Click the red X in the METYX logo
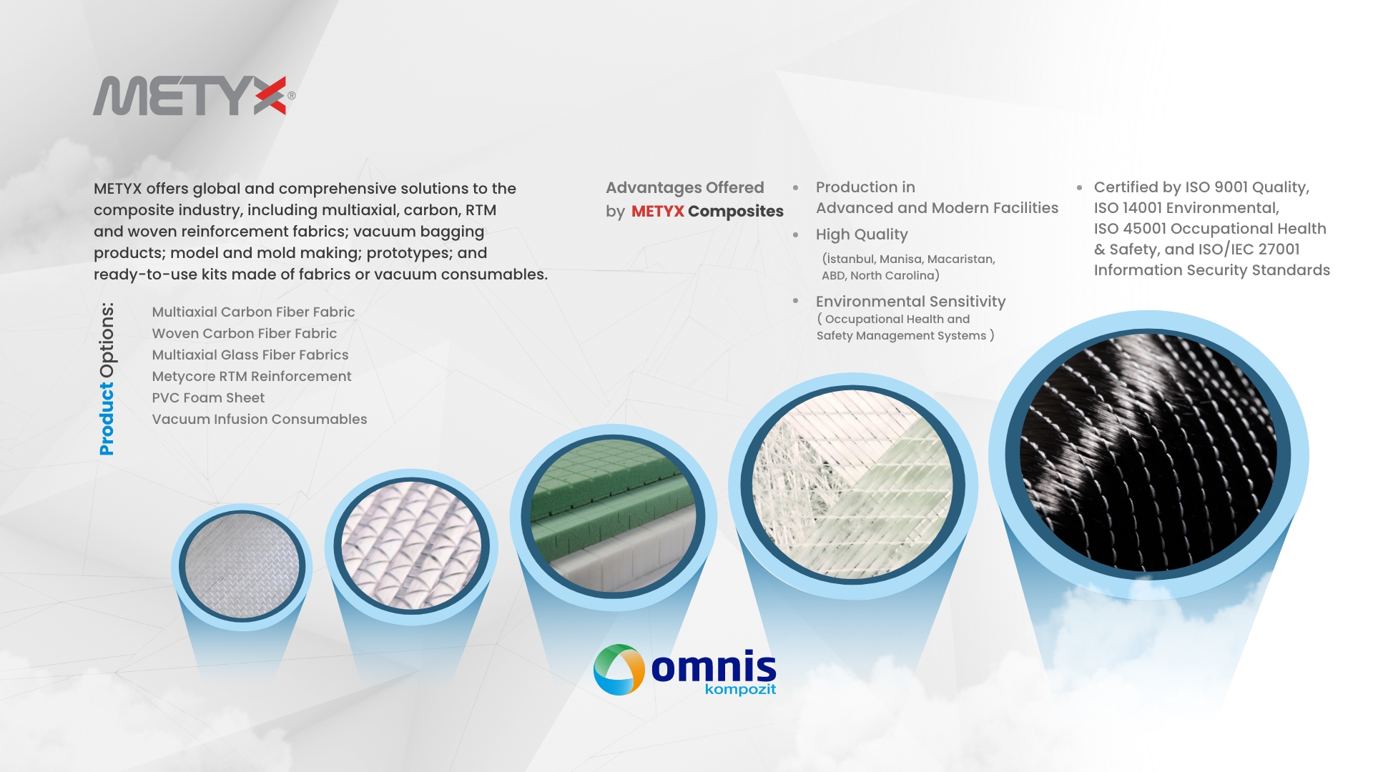pos(270,96)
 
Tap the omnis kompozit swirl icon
pos(619,670)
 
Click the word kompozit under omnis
pos(740,690)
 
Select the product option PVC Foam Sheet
pos(208,397)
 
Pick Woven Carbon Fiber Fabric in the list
pos(244,333)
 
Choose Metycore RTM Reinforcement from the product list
pos(252,376)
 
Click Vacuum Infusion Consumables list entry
pos(260,419)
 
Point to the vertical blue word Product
pos(107,419)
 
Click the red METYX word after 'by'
pos(658,212)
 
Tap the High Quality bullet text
pos(862,234)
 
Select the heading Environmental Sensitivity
pos(910,302)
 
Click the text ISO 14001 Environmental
pos(1186,208)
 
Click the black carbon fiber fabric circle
pos(1148,455)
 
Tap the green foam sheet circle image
pos(614,516)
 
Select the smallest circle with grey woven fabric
pos(242,566)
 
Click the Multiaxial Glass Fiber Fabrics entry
pos(250,355)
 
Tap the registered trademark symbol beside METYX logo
pos(292,95)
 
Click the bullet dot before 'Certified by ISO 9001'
pos(1080,188)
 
